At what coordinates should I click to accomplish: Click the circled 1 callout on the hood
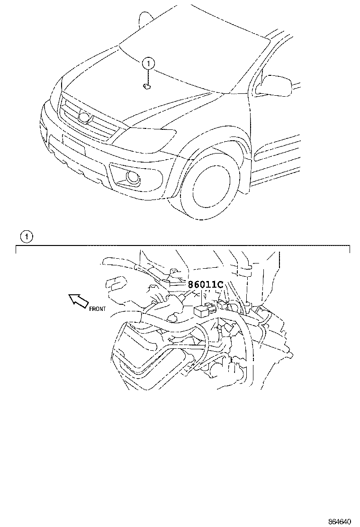pyautogui.click(x=148, y=63)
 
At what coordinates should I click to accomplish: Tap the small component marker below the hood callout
pyautogui.click(x=147, y=87)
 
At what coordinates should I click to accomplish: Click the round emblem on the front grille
pyautogui.click(x=84, y=116)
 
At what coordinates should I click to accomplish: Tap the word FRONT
pyautogui.click(x=98, y=309)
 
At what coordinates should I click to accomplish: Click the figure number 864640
pyautogui.click(x=339, y=522)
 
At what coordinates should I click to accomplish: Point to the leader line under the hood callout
pyautogui.click(x=148, y=77)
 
